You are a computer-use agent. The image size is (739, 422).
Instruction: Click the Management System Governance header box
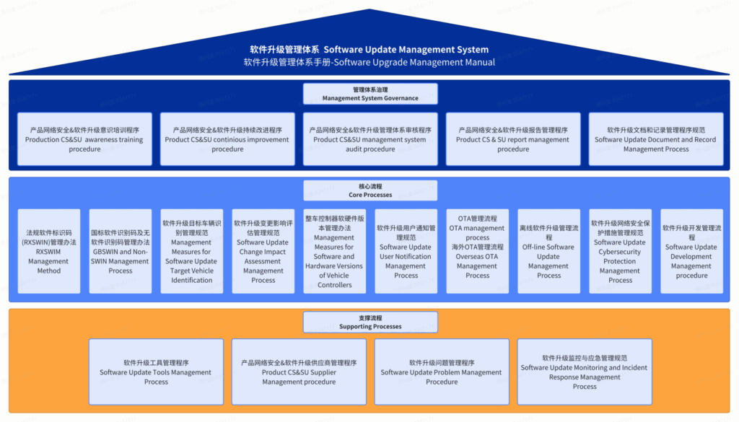369,94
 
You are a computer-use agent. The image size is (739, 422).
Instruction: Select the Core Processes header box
369,190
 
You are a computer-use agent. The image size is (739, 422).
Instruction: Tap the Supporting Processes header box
369,322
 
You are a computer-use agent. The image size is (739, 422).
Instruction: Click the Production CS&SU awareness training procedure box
84,139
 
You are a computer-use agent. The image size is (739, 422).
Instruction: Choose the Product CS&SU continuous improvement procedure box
227,139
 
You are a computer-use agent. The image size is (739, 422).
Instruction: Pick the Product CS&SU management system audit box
369,139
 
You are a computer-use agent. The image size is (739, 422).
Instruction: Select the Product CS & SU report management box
512,139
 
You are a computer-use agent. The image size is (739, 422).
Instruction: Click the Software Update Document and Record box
655,139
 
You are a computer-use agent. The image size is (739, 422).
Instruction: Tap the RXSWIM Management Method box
49,251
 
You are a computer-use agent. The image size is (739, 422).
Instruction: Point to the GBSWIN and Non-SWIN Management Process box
121,251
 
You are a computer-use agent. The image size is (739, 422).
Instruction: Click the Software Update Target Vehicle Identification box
192,251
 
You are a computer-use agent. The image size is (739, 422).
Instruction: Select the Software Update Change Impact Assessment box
263,251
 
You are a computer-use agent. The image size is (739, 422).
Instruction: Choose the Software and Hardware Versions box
334,251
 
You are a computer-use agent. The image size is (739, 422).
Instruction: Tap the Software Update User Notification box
406,251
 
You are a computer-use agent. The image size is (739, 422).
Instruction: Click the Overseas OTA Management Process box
477,251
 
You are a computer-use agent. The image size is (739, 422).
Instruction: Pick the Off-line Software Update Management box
548,251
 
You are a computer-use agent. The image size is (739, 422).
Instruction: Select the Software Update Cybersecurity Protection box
620,251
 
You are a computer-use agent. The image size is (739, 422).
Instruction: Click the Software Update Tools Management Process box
156,372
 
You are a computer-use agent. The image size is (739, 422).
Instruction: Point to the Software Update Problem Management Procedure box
441,372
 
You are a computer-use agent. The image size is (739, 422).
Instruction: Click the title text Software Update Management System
369,50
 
